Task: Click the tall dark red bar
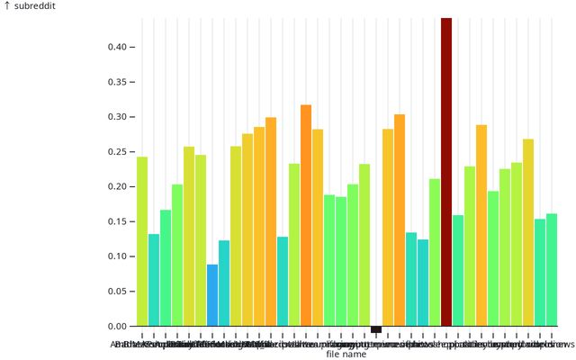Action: (x=446, y=171)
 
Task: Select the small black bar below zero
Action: (x=376, y=329)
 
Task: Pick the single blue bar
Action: (x=212, y=295)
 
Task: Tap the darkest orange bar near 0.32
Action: (x=306, y=216)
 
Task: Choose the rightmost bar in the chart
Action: (x=552, y=270)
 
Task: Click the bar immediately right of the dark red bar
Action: (x=458, y=270)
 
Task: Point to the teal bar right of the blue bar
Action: (x=224, y=283)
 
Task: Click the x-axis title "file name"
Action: (x=346, y=354)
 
